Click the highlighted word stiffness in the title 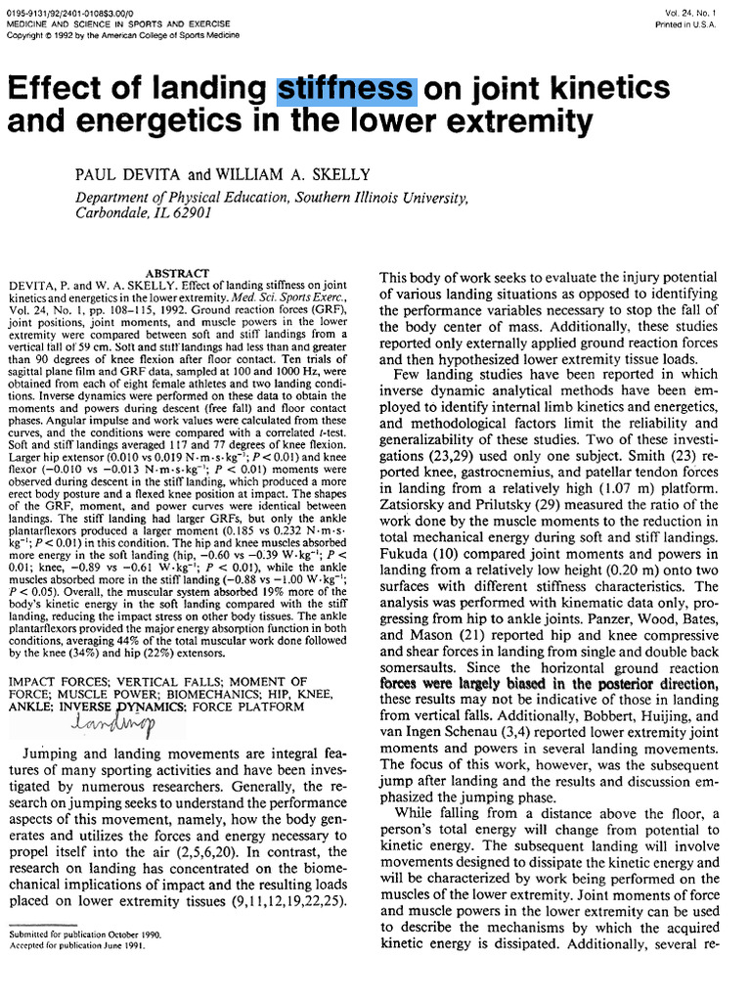click(347, 89)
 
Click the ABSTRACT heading click(177, 273)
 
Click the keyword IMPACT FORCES click(54, 681)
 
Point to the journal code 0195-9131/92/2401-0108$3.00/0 click(68, 12)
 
